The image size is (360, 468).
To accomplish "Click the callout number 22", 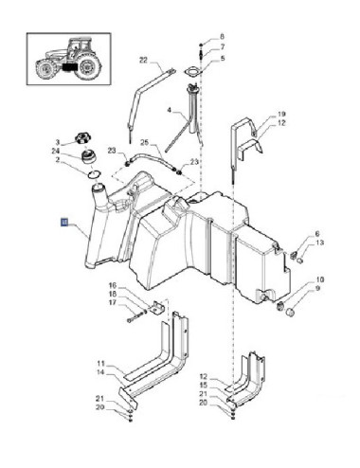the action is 143,60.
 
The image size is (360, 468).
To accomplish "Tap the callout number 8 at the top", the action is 222,37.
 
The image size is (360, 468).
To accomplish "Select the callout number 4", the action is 170,111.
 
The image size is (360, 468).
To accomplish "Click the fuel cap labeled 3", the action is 83,138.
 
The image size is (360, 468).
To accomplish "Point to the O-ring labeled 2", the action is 94,173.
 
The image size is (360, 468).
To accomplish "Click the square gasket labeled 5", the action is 192,72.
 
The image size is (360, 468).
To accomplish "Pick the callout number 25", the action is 144,142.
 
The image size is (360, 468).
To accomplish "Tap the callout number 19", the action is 281,114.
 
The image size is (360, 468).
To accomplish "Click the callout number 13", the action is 319,243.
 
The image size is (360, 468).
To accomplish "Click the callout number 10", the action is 320,279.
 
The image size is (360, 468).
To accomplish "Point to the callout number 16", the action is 113,285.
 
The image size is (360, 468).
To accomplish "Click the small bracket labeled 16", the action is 158,307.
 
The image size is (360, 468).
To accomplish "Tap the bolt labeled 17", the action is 135,316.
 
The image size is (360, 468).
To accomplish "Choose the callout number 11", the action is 100,364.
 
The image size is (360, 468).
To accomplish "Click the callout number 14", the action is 100,372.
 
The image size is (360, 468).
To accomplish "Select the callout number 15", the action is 204,386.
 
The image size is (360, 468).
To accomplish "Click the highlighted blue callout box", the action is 64,223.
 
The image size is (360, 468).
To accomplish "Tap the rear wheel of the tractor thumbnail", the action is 89,67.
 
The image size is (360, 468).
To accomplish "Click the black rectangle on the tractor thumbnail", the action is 69,67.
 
